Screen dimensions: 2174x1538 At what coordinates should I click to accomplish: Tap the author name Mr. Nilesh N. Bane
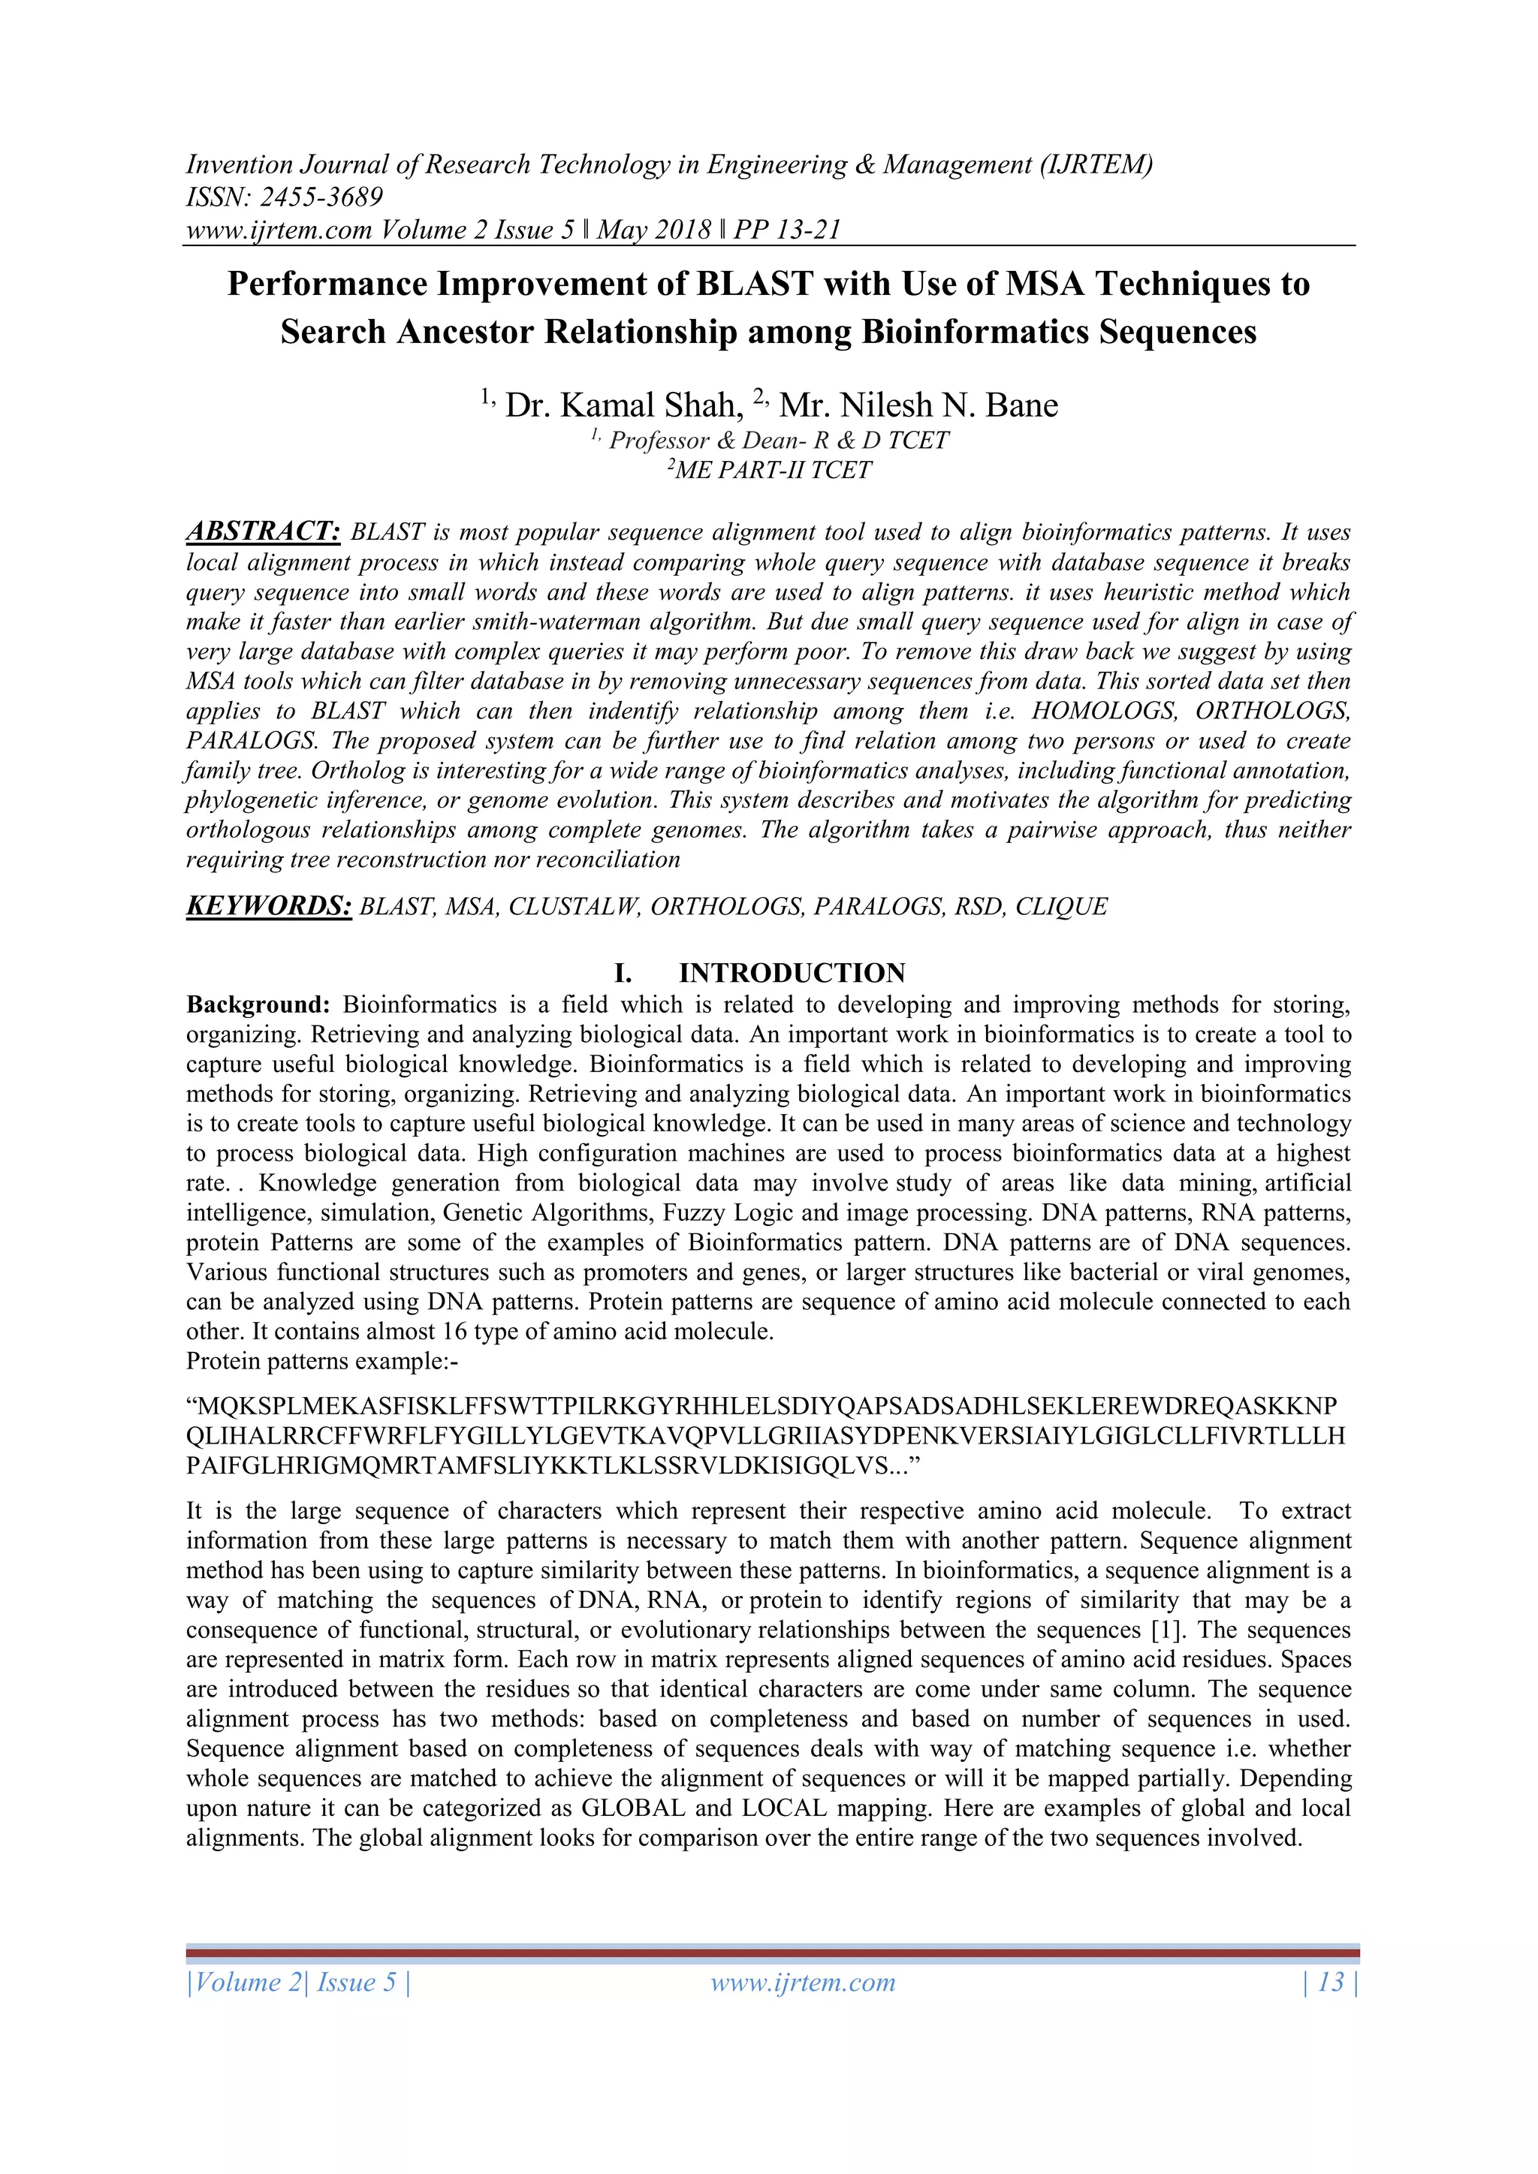pos(918,405)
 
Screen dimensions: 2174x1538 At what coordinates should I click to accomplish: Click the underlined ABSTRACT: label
pos(262,531)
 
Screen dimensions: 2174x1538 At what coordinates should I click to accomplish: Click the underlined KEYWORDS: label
pos(269,906)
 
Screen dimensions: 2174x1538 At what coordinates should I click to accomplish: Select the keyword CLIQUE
pos(1060,907)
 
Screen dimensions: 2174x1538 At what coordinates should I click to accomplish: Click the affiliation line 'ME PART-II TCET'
pos(772,471)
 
